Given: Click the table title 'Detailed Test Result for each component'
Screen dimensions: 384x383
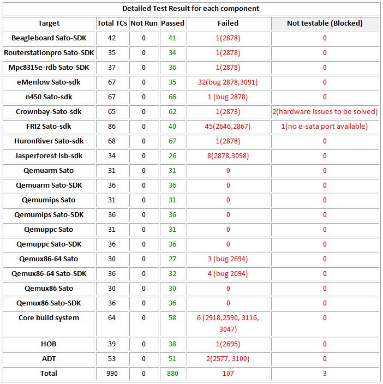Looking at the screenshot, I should [x=190, y=8].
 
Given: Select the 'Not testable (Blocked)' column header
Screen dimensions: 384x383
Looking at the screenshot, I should [x=325, y=23].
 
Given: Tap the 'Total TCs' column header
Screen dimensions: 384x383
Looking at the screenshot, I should [x=112, y=23].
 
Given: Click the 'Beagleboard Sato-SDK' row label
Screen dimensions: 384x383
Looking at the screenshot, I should [x=49, y=38].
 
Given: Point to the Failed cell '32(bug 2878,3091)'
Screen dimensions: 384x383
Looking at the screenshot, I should [x=228, y=82].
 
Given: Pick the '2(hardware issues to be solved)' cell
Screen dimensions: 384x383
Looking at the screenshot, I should [x=325, y=112].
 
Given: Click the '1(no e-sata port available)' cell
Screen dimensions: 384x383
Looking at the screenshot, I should [x=325, y=127].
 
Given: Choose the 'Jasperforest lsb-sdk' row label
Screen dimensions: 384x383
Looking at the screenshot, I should [x=49, y=156].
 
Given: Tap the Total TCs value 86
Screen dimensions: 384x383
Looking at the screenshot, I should [x=112, y=127].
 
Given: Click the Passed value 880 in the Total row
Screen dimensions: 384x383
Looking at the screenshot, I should [x=172, y=374].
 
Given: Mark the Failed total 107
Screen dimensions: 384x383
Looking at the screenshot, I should [x=228, y=374].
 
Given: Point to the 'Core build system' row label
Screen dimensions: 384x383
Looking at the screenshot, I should [x=49, y=318].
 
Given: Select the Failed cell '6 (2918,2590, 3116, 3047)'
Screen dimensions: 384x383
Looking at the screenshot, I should [x=228, y=323].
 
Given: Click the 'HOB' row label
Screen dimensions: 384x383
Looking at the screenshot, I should [x=49, y=344].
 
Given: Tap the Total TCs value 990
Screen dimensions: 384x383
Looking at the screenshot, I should [x=112, y=374].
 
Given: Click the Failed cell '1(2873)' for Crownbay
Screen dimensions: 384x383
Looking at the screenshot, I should [x=228, y=112].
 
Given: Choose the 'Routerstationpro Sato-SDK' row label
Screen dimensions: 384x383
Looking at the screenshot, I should [x=49, y=53].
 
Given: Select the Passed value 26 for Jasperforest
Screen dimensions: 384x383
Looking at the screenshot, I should [x=172, y=156].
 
